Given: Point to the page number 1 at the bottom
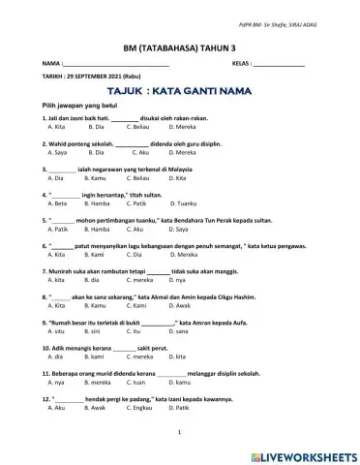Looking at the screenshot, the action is pos(180,430).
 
